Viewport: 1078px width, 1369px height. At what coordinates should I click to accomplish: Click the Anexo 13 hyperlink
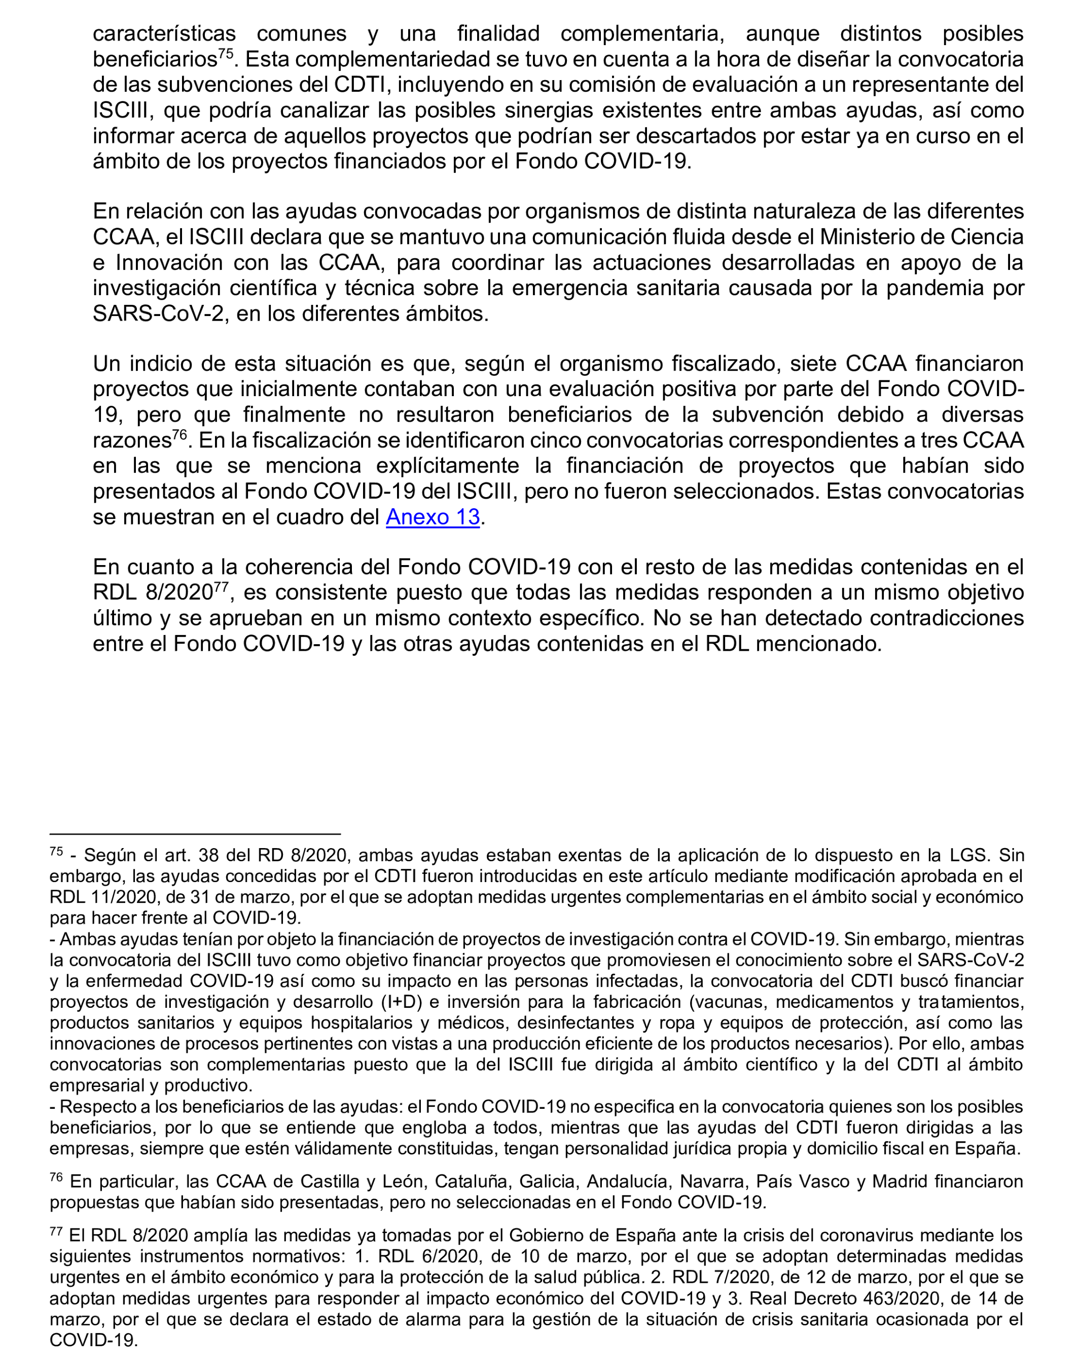pos(433,517)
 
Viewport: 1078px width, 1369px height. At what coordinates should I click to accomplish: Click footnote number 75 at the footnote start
pos(56,852)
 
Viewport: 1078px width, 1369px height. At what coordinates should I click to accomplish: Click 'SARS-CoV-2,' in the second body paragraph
pos(158,314)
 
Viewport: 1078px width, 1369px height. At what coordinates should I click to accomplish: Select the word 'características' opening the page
pos(164,33)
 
